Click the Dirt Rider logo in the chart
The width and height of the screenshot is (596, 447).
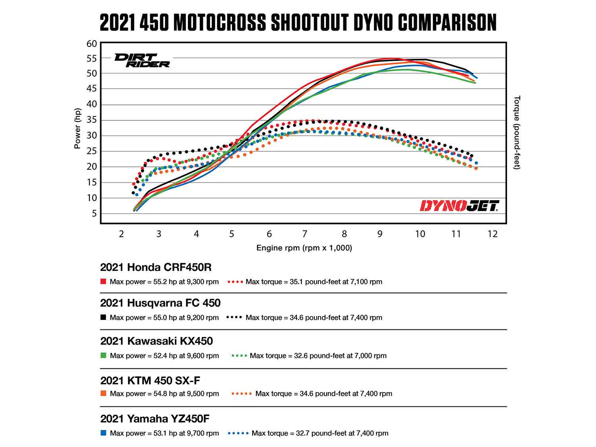[142, 60]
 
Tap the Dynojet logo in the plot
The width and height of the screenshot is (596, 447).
[459, 206]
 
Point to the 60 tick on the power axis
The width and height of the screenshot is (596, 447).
[91, 44]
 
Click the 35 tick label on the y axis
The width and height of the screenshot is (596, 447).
[91, 120]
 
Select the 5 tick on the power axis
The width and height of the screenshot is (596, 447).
[94, 214]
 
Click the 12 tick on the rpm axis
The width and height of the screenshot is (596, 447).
[492, 234]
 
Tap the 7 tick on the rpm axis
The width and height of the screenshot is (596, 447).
[304, 234]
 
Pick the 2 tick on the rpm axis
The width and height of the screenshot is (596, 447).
[122, 234]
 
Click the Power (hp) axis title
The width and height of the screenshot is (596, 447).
[77, 129]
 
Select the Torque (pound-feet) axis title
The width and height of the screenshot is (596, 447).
[517, 132]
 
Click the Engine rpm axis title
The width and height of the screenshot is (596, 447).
[304, 248]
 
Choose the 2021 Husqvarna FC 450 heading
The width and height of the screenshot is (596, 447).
[160, 303]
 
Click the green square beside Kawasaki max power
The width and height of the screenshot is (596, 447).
[103, 356]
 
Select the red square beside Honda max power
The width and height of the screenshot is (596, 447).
[103, 282]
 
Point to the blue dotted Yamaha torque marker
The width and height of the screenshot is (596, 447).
[238, 433]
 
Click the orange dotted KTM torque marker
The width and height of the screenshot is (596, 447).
[241, 394]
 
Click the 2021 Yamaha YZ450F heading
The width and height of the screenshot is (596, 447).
[155, 418]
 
